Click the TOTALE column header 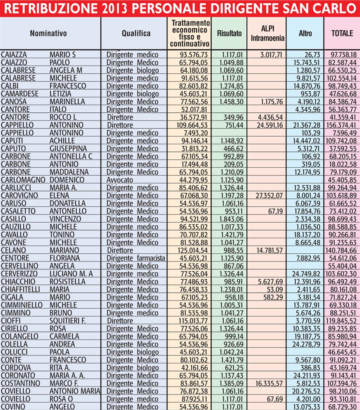tap(342, 34)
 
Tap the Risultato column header tap(229, 34)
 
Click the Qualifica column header tap(136, 34)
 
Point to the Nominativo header tap(48, 34)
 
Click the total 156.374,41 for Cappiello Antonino tap(342, 125)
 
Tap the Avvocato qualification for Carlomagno tap(119, 180)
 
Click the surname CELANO tap(14, 250)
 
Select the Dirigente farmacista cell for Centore tap(136, 258)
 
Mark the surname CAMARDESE tap(20, 94)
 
